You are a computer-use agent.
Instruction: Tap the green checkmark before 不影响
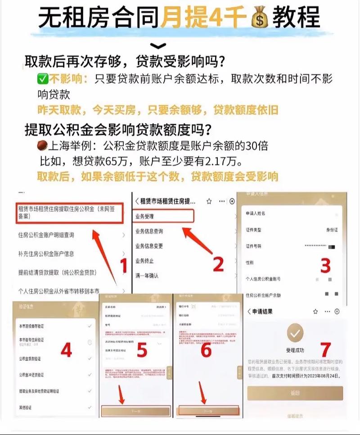tap(43, 79)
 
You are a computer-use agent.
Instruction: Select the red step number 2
tap(218, 264)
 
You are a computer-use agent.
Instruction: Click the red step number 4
tap(66, 350)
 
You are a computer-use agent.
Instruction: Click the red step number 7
tap(325, 349)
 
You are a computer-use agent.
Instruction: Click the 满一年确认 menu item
tap(147, 275)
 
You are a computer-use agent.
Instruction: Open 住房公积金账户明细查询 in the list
tap(46, 235)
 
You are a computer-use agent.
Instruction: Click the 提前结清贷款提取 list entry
tap(58, 272)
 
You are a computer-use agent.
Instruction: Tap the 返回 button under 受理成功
tap(295, 393)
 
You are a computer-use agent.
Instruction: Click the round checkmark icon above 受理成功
tap(295, 334)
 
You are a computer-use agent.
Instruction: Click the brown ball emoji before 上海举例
tap(43, 146)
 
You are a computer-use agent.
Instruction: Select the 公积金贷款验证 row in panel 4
tap(31, 358)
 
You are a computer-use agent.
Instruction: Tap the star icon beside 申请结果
tap(315, 311)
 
